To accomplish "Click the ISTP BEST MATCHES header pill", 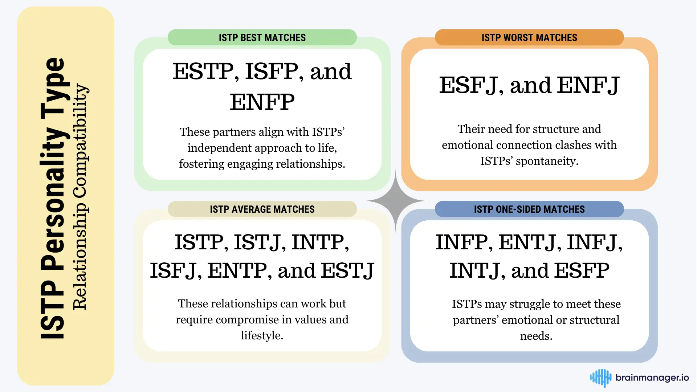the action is click(262, 37).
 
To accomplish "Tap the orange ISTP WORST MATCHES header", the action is click(529, 37).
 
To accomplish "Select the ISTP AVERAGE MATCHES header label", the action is click(262, 209).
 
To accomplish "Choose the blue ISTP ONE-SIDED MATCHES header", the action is click(529, 209).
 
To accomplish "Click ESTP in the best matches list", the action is click(203, 71).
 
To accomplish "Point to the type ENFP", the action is click(262, 102).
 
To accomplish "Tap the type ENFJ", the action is click(588, 85).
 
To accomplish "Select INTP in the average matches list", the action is click(318, 242).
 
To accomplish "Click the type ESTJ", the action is click(347, 271).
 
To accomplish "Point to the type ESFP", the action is click(582, 271).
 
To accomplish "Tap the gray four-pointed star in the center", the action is click(396, 200).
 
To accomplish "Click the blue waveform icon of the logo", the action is click(600, 378).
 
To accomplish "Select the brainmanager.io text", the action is click(652, 378).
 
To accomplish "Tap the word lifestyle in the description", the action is click(261, 336).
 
